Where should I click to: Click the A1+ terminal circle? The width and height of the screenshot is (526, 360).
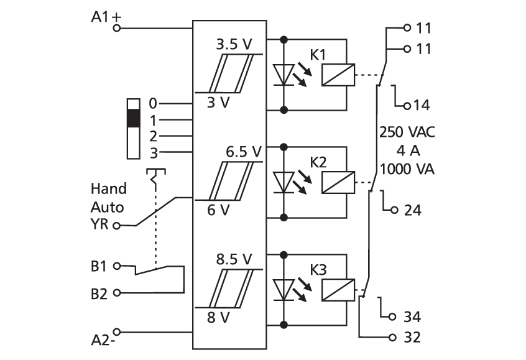116,28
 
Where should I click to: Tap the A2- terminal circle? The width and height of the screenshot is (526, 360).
117,332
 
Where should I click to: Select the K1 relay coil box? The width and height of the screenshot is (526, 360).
338,75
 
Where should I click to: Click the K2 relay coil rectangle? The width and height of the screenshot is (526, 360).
338,183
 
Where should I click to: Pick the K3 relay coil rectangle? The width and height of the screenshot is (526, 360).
338,290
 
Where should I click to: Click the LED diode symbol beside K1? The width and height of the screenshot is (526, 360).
284,75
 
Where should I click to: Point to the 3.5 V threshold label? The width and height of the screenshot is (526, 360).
234,44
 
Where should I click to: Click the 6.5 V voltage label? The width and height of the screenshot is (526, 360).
243,152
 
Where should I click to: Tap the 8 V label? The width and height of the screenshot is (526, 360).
218,317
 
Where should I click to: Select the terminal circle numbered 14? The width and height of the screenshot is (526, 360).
407,106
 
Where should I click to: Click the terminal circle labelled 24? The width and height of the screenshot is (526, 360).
394,210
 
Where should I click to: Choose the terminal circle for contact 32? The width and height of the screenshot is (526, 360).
392,337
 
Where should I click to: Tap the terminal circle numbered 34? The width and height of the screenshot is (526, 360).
392,316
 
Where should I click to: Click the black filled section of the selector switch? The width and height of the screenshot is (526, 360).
134,118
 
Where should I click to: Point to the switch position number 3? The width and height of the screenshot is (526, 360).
154,154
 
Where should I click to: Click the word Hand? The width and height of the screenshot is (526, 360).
109,188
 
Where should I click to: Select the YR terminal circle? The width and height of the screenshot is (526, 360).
116,226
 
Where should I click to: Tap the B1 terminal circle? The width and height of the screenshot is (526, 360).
117,266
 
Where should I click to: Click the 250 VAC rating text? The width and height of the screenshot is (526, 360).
407,132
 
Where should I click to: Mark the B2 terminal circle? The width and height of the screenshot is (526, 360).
117,293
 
